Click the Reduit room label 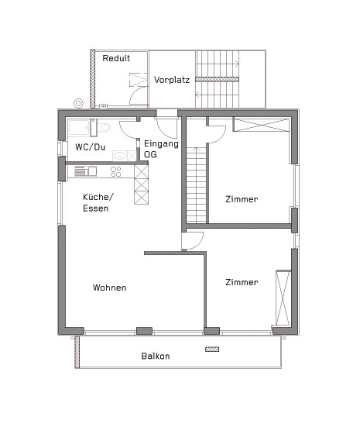pyautogui.click(x=116, y=58)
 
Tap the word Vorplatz pyautogui.click(x=171, y=80)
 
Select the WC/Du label pyautogui.click(x=90, y=147)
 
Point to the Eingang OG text pyautogui.click(x=160, y=149)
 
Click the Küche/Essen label pyautogui.click(x=98, y=202)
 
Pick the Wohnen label pyautogui.click(x=109, y=288)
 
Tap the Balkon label pyautogui.click(x=156, y=357)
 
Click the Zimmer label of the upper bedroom pyautogui.click(x=242, y=199)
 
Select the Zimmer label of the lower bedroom pyautogui.click(x=242, y=282)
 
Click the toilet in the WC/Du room pyautogui.click(x=103, y=128)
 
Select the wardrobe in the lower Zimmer pyautogui.click(x=283, y=298)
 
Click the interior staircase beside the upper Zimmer pyautogui.click(x=199, y=182)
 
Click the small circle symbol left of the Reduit pyautogui.click(x=77, y=102)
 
